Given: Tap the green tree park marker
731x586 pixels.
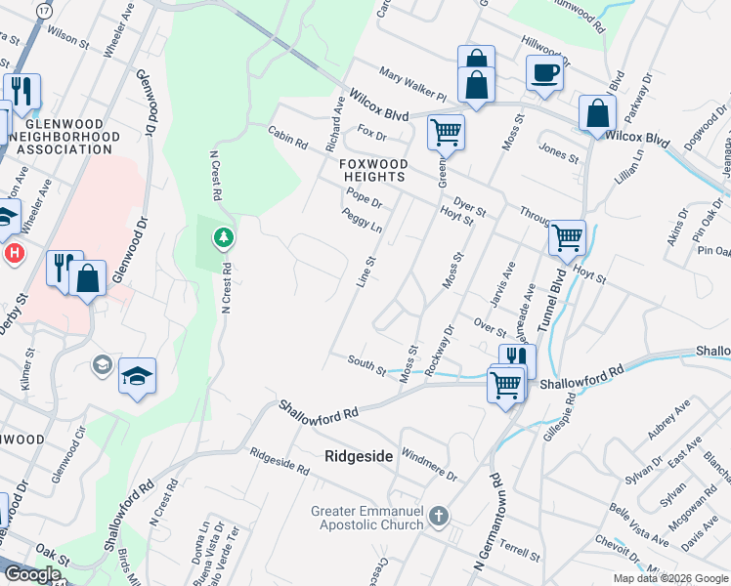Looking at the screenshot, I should [224, 237].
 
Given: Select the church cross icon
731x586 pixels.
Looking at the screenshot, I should [440, 515].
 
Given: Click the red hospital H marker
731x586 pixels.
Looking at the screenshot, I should [14, 253].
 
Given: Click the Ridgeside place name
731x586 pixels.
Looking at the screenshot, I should [358, 456].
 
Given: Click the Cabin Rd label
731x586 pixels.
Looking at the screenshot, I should [289, 137].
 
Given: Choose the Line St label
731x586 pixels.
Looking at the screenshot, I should [367, 272].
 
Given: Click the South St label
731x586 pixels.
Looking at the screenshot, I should [367, 363].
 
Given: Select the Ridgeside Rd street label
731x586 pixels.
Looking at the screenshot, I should [279, 462].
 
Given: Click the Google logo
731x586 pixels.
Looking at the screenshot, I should [32, 574].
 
